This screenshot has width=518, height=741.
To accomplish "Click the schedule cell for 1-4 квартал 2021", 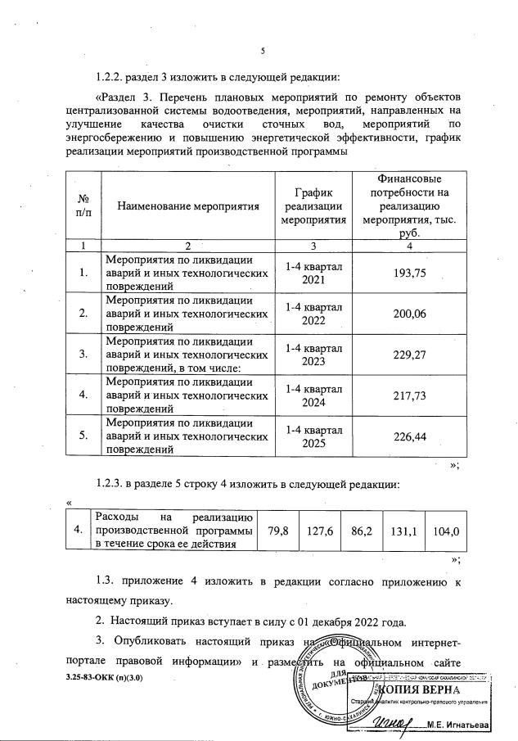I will (x=315, y=273).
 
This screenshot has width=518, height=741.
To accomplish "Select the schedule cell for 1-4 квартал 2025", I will (x=315, y=436).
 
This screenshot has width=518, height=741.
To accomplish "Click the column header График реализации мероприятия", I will (x=315, y=206).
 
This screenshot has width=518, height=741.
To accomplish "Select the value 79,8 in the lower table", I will (x=278, y=531).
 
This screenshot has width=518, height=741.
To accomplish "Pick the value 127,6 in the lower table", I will (x=319, y=531).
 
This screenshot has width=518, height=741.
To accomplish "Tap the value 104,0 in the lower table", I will (x=446, y=531).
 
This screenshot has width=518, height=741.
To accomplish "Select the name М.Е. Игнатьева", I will (x=469, y=725).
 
